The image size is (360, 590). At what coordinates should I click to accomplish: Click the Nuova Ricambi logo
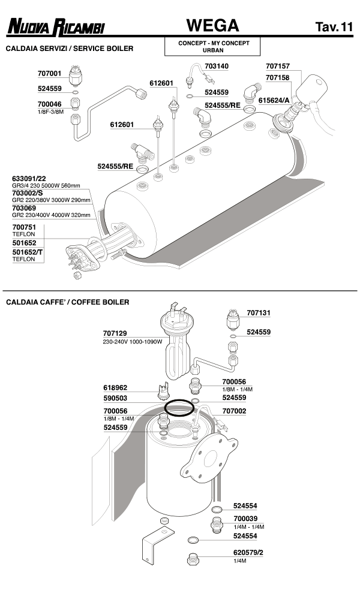pyautogui.click(x=55, y=28)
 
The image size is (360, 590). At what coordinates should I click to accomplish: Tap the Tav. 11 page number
pyautogui.click(x=334, y=28)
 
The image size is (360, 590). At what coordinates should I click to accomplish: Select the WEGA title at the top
pyautogui.click(x=212, y=26)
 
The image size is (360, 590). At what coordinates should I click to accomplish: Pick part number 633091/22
pyautogui.click(x=29, y=179)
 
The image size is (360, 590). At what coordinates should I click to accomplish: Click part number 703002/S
pyautogui.click(x=28, y=193)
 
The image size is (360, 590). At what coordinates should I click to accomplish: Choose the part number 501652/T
pyautogui.click(x=28, y=252)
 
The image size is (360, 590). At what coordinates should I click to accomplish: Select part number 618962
pyautogui.click(x=115, y=388)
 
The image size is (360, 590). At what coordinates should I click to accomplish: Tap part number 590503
pyautogui.click(x=115, y=398)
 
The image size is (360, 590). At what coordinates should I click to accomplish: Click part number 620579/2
pyautogui.click(x=248, y=552)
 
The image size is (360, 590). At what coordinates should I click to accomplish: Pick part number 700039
pyautogui.click(x=246, y=519)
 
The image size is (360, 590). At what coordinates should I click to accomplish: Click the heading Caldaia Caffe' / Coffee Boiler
pyautogui.click(x=68, y=302)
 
